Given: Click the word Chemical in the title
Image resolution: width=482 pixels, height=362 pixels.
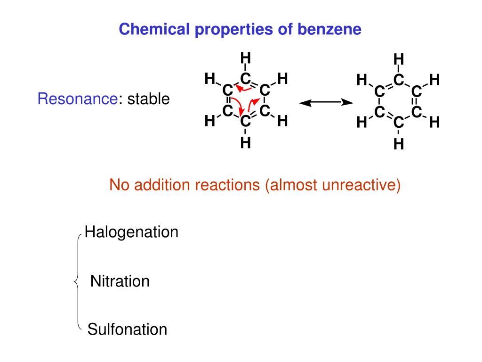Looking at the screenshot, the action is (x=147, y=29).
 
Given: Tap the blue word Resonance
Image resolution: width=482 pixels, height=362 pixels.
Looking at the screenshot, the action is (x=77, y=99).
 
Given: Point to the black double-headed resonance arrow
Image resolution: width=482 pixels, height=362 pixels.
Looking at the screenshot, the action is (x=326, y=102).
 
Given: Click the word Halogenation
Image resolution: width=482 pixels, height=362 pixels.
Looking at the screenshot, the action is (x=131, y=232).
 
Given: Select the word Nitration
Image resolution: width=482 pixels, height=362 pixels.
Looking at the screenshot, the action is (x=120, y=282).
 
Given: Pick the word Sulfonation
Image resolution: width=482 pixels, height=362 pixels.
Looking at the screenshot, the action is (x=127, y=329).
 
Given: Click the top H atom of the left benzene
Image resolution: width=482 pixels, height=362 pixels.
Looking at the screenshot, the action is (x=245, y=58).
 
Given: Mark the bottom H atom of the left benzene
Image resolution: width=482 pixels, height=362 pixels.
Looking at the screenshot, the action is (x=245, y=142).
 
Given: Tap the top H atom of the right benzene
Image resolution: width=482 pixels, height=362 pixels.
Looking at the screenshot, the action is (x=399, y=59).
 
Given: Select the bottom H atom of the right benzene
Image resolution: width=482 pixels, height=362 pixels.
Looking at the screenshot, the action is (x=399, y=144).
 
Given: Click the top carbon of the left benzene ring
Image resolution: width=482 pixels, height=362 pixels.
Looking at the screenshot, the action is (x=245, y=78).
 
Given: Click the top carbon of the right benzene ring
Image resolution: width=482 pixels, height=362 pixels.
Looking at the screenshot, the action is (x=399, y=80).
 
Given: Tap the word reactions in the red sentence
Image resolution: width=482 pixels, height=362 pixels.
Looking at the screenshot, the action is (x=228, y=185).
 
